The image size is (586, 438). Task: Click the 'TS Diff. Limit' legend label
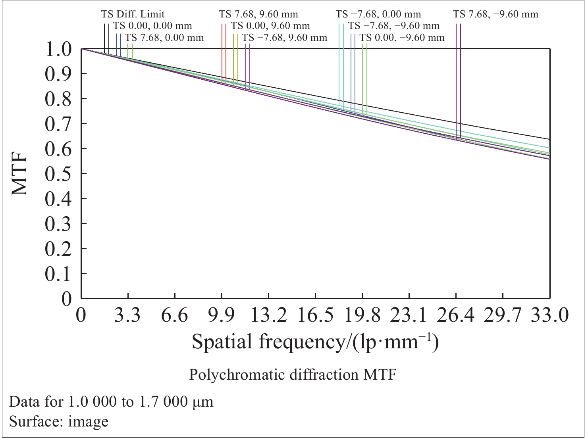(133, 14)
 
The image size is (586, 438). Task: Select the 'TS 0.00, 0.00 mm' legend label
(152, 26)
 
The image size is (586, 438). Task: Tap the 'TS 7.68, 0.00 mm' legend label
(164, 38)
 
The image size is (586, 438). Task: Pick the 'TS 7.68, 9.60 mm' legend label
(258, 14)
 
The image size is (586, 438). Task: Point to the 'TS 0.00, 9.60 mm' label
(270, 26)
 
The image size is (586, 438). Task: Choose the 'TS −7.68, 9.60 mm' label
(285, 38)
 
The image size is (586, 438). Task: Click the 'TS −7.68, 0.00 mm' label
(378, 14)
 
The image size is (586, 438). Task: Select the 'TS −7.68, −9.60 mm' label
(394, 26)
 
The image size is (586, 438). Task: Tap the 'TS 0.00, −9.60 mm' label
(402, 38)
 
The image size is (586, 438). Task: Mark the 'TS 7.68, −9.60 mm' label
(496, 14)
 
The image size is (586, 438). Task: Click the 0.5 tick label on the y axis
(58, 174)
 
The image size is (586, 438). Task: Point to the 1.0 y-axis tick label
(58, 50)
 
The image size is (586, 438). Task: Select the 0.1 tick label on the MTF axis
(58, 274)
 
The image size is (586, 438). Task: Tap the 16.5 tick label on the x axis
(316, 316)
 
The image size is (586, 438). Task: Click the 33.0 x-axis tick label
(550, 316)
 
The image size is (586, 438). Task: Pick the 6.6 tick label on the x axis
(175, 316)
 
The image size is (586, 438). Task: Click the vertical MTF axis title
(20, 173)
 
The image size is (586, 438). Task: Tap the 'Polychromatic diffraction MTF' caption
(293, 375)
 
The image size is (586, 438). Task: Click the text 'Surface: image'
(59, 421)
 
